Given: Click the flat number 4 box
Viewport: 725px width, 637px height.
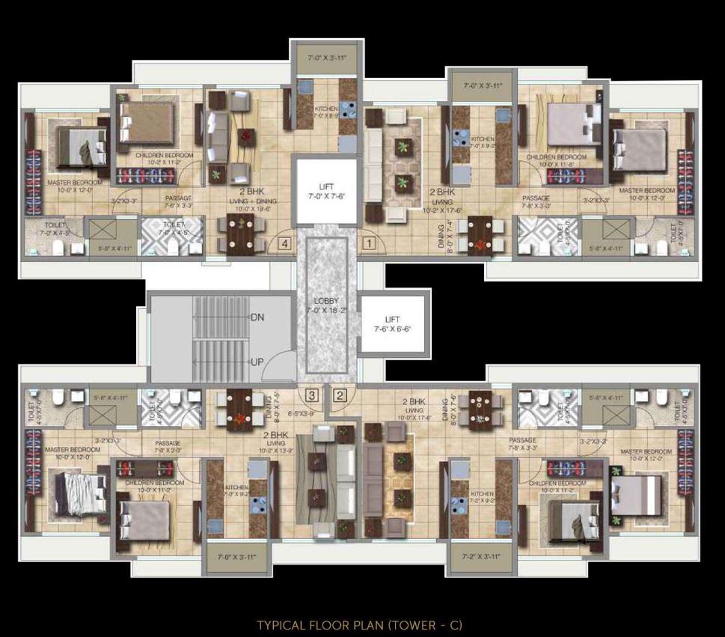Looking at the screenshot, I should click(x=284, y=243).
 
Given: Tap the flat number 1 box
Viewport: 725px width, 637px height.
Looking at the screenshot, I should click(x=367, y=243).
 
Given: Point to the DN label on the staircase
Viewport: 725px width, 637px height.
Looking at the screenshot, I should click(x=257, y=317).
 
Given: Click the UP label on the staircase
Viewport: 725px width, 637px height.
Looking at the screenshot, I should click(x=257, y=362).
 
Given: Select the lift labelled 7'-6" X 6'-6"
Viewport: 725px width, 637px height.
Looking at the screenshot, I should click(x=393, y=323).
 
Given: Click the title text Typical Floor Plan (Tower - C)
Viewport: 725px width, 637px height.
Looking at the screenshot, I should click(x=360, y=624).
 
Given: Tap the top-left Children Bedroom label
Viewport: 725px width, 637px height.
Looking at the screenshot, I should click(x=165, y=155).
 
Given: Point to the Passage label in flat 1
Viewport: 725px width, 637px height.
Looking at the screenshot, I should click(x=536, y=198).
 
